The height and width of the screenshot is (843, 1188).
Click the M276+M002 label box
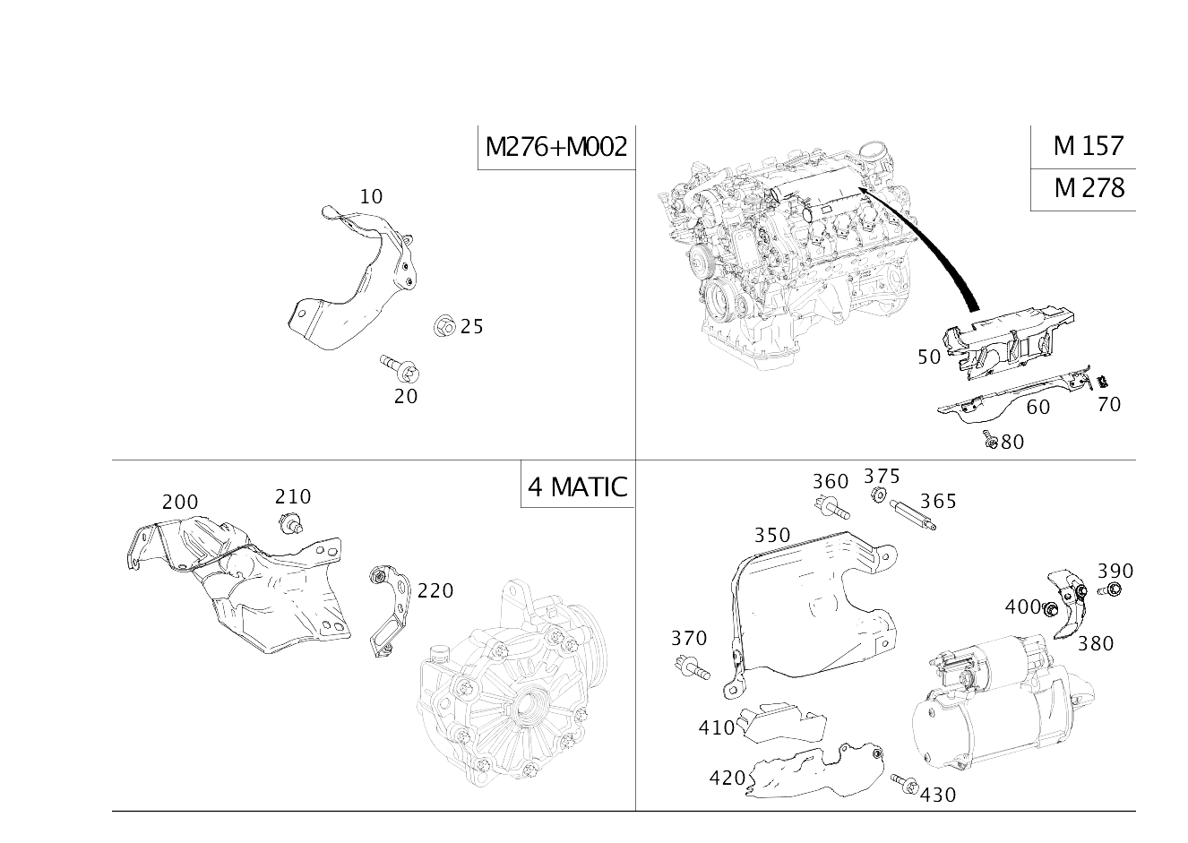click(x=556, y=147)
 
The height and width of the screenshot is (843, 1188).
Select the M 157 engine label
click(x=1089, y=146)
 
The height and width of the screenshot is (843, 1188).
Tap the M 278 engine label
click(x=1089, y=188)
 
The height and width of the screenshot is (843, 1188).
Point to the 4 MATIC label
click(x=578, y=486)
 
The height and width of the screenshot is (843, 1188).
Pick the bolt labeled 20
click(x=400, y=368)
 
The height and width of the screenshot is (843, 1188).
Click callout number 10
click(x=371, y=197)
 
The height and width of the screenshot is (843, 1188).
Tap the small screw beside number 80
click(x=990, y=439)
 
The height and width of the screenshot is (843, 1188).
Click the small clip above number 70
click(x=1103, y=381)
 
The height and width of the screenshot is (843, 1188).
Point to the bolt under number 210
click(x=290, y=524)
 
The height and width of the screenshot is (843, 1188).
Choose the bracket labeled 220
click(x=390, y=611)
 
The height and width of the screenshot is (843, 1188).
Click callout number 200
click(x=180, y=502)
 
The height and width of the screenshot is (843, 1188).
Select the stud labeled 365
click(x=913, y=514)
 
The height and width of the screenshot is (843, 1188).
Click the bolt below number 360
click(x=831, y=507)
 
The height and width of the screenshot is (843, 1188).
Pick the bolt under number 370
click(x=692, y=667)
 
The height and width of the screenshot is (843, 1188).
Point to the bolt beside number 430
click(x=904, y=784)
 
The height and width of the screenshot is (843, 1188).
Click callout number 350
click(x=772, y=535)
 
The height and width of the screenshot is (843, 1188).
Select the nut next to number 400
click(x=1048, y=610)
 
